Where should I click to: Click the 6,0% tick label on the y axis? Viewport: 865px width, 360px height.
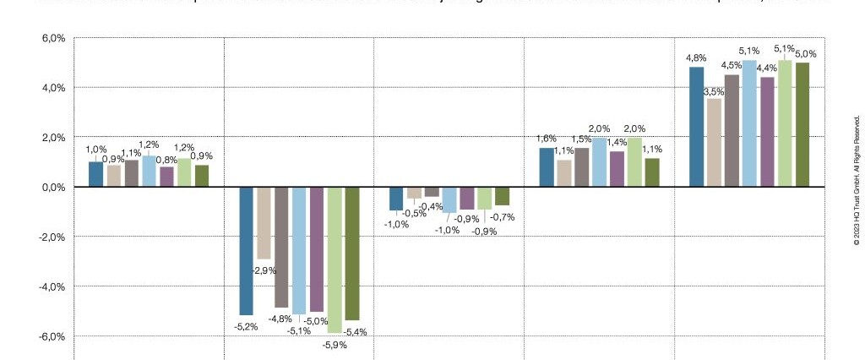(52, 38)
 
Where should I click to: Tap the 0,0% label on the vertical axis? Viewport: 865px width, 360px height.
(52, 187)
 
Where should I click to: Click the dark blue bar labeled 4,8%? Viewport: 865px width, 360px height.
(696, 127)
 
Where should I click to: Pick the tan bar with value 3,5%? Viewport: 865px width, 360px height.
(714, 142)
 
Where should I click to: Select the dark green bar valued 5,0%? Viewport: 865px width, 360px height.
(802, 124)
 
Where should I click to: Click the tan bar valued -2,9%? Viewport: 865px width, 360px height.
(264, 222)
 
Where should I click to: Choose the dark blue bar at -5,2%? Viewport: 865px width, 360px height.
(246, 250)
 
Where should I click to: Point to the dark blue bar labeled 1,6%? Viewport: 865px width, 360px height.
(547, 167)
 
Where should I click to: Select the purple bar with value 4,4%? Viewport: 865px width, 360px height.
(767, 131)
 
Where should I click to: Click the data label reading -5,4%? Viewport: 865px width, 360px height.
(355, 332)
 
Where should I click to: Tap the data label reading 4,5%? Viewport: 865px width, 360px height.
(732, 66)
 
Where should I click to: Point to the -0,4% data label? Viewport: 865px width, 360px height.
(432, 207)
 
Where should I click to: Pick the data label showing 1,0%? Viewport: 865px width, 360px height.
(96, 150)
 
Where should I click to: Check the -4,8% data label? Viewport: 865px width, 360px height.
(280, 319)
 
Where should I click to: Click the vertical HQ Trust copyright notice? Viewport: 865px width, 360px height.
(856, 181)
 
